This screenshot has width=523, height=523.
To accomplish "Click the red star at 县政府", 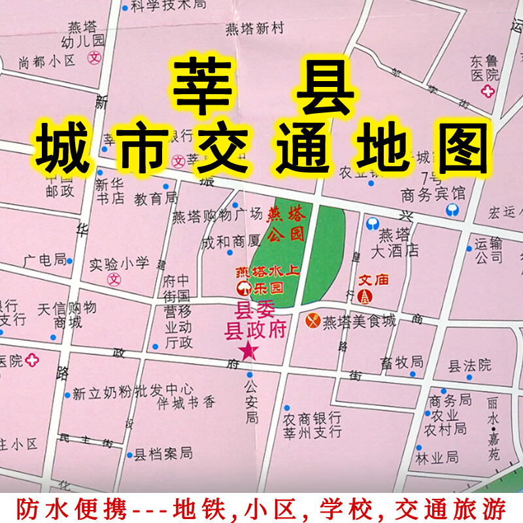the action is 248,351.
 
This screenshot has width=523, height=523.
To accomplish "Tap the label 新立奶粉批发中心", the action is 132,394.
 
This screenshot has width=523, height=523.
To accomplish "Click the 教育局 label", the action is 156,197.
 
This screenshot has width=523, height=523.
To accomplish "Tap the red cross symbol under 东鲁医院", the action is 488,91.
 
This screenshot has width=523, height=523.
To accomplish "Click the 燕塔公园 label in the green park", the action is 286,222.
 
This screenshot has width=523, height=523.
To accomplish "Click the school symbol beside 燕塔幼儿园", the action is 95,57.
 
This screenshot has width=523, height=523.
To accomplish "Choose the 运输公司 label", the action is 488,250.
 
